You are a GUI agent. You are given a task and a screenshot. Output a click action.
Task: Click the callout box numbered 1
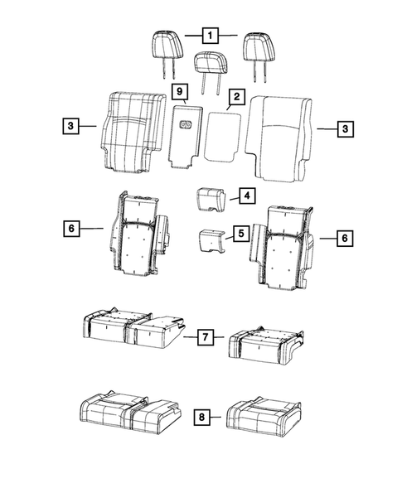[x=211, y=36]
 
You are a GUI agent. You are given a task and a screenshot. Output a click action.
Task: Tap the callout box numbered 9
[x=178, y=89]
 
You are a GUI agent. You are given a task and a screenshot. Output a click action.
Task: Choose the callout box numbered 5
[x=240, y=235]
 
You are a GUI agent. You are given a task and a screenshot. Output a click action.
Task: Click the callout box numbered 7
[x=206, y=337]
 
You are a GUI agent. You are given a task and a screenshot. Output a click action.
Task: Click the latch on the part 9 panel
[x=185, y=127]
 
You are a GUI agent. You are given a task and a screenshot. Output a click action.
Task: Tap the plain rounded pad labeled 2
[x=222, y=134]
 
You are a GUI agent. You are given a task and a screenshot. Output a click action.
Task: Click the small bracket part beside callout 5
[x=209, y=241]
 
